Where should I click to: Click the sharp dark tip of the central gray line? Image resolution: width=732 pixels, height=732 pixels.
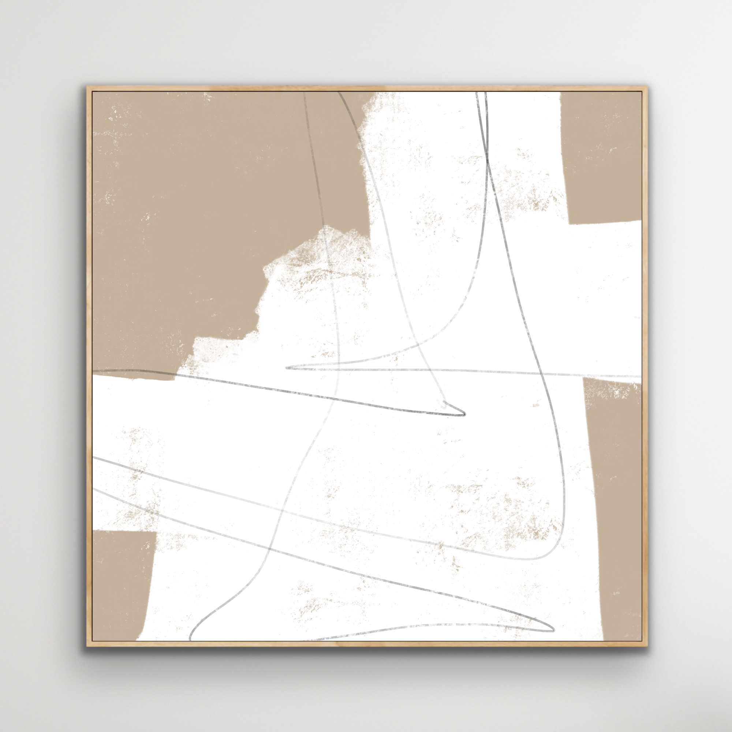(463, 415)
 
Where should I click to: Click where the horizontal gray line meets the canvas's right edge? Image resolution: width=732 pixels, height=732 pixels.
(640, 376)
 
